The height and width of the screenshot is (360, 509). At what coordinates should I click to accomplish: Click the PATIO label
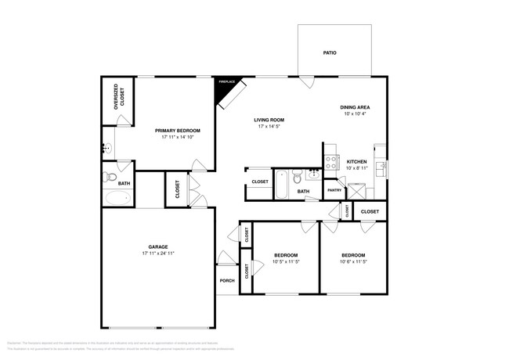pos(330,53)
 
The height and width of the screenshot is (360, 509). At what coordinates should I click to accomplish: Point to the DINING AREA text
pos(355,107)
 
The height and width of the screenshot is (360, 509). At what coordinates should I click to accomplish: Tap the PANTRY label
pos(334,190)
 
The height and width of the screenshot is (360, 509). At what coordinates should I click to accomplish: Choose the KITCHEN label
pos(357,162)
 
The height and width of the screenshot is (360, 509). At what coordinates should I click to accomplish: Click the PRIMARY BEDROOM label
pos(177,131)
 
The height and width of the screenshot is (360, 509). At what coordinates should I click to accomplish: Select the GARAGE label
pos(158,246)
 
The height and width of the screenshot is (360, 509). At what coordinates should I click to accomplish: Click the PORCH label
pos(227,281)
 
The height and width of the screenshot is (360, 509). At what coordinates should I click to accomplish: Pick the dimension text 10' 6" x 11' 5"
pos(354,261)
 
